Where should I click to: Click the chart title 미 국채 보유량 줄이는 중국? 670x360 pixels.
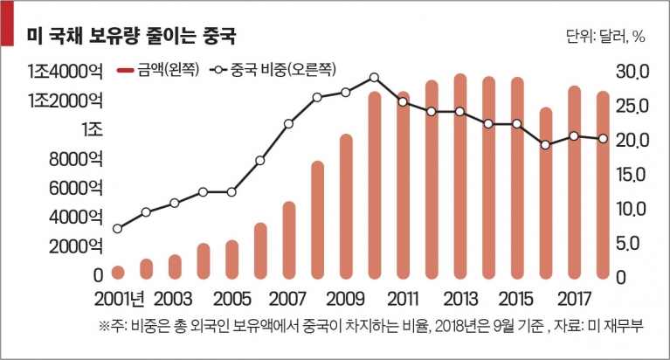131,37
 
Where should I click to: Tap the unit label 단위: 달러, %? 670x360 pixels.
605,37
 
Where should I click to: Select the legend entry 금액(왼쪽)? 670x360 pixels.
158,69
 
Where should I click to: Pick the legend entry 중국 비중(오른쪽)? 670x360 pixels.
273,69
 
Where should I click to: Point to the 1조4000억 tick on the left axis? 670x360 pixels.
65,72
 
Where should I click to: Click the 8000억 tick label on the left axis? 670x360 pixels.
76,159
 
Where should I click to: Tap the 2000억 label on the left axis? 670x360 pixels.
76,246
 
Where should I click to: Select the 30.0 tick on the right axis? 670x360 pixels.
632,72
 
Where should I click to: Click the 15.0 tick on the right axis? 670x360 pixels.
632,175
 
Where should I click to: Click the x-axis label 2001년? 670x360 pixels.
119,299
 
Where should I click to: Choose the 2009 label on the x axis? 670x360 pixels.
345,299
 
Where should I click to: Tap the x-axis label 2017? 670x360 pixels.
574,299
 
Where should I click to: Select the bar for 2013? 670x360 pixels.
460,177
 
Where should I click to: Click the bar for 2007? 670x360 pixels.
289,240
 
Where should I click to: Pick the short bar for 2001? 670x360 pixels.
118,273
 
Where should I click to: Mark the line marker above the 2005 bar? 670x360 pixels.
231,192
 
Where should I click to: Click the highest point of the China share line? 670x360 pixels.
375,78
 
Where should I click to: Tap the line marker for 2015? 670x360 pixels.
517,123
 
